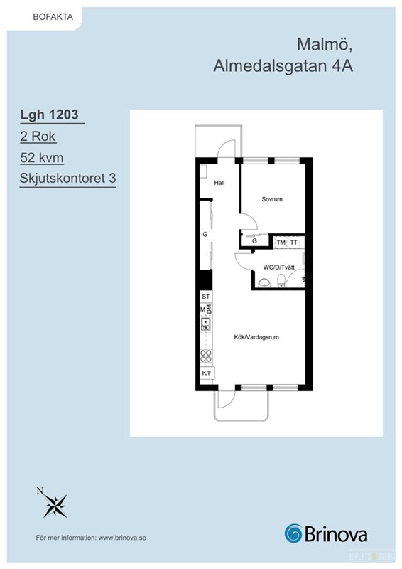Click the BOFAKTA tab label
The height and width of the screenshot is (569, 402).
click(x=53, y=17)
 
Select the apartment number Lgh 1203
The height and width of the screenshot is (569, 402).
click(x=49, y=115)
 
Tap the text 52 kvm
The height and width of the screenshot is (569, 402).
click(x=42, y=158)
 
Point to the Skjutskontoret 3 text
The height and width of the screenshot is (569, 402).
click(x=67, y=179)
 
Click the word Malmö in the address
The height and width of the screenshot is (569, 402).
click(x=325, y=44)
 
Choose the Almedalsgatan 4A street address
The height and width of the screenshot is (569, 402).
click(x=283, y=66)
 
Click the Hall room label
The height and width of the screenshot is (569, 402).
click(x=219, y=183)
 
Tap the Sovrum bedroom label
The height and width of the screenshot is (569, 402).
click(x=272, y=199)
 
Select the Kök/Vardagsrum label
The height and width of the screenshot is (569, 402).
click(x=256, y=337)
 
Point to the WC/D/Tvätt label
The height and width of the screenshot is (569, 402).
click(x=278, y=267)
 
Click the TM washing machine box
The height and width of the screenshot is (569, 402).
click(x=281, y=243)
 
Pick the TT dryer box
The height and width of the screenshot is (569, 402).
click(x=294, y=243)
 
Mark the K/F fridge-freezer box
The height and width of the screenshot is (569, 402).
click(x=207, y=373)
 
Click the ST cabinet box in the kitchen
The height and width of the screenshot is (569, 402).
click(x=206, y=297)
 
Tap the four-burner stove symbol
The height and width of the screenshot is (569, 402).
click(x=206, y=356)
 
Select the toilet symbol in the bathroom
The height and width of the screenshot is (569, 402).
click(x=281, y=281)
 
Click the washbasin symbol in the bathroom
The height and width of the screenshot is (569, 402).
click(x=264, y=282)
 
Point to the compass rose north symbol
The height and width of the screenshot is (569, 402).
click(x=55, y=504)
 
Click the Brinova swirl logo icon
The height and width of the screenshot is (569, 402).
click(x=293, y=533)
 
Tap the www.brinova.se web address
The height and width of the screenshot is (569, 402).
click(x=122, y=538)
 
